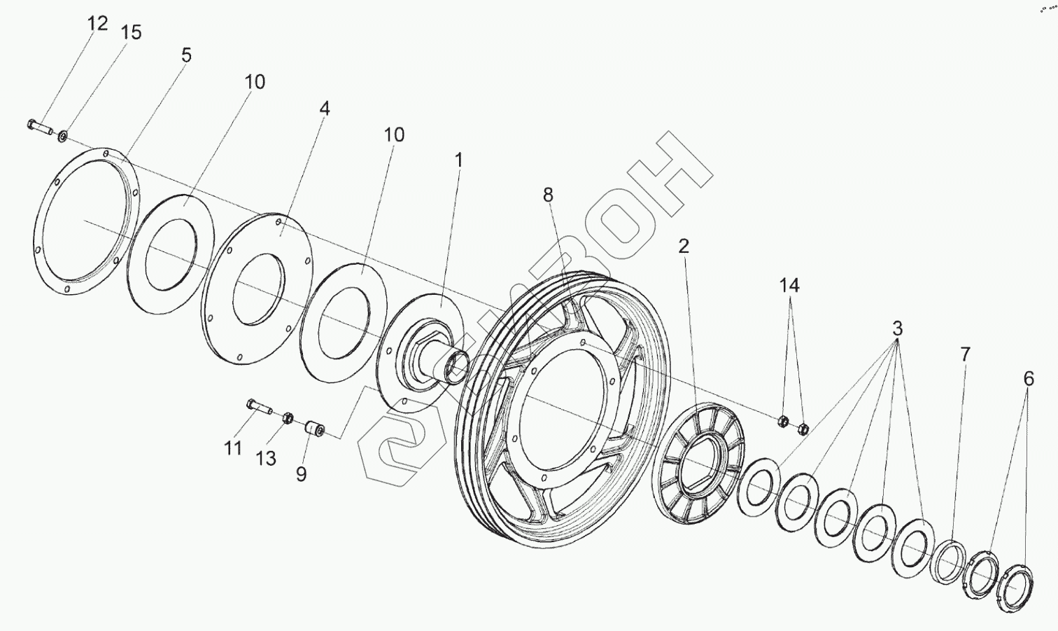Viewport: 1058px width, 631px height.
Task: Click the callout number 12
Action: click(x=98, y=23)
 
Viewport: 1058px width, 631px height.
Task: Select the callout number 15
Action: click(x=131, y=32)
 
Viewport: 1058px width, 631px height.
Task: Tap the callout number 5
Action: click(x=185, y=55)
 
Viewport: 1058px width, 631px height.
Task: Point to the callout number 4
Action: click(x=324, y=109)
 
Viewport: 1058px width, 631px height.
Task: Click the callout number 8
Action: click(x=548, y=195)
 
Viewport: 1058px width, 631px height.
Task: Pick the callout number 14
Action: click(x=790, y=285)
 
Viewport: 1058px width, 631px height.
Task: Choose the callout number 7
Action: click(x=965, y=354)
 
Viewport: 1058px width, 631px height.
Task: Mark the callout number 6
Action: click(x=1028, y=379)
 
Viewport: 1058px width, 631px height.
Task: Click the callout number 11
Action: click(x=233, y=448)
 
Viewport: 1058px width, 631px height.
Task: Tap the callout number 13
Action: click(x=265, y=458)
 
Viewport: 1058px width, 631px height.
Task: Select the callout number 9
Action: click(x=301, y=474)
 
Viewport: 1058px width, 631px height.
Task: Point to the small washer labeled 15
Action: click(x=63, y=134)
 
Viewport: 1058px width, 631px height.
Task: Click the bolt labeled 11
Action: click(x=259, y=406)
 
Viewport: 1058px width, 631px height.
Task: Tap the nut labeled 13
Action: click(x=286, y=419)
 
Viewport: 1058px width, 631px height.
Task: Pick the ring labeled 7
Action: click(x=950, y=558)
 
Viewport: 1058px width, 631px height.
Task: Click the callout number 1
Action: click(x=458, y=160)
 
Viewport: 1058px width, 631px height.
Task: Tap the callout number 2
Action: click(x=684, y=246)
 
